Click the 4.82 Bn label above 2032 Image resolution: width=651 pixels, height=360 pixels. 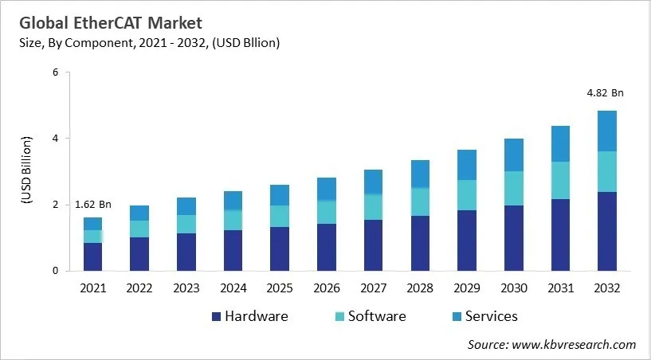pos(606,93)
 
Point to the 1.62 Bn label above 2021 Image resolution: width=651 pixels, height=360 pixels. pos(92,205)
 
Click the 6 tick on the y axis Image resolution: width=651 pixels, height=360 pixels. pos(56,72)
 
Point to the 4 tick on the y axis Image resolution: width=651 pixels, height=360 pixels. pos(56,139)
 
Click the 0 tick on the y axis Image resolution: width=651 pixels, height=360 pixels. pos(56,271)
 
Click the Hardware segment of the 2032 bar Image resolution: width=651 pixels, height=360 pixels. pos(606,231)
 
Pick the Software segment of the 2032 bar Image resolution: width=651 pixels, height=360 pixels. pos(606,171)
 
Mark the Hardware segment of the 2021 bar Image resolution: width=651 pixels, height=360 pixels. pos(92,256)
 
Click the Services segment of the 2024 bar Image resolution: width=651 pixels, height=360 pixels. pos(233,201)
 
